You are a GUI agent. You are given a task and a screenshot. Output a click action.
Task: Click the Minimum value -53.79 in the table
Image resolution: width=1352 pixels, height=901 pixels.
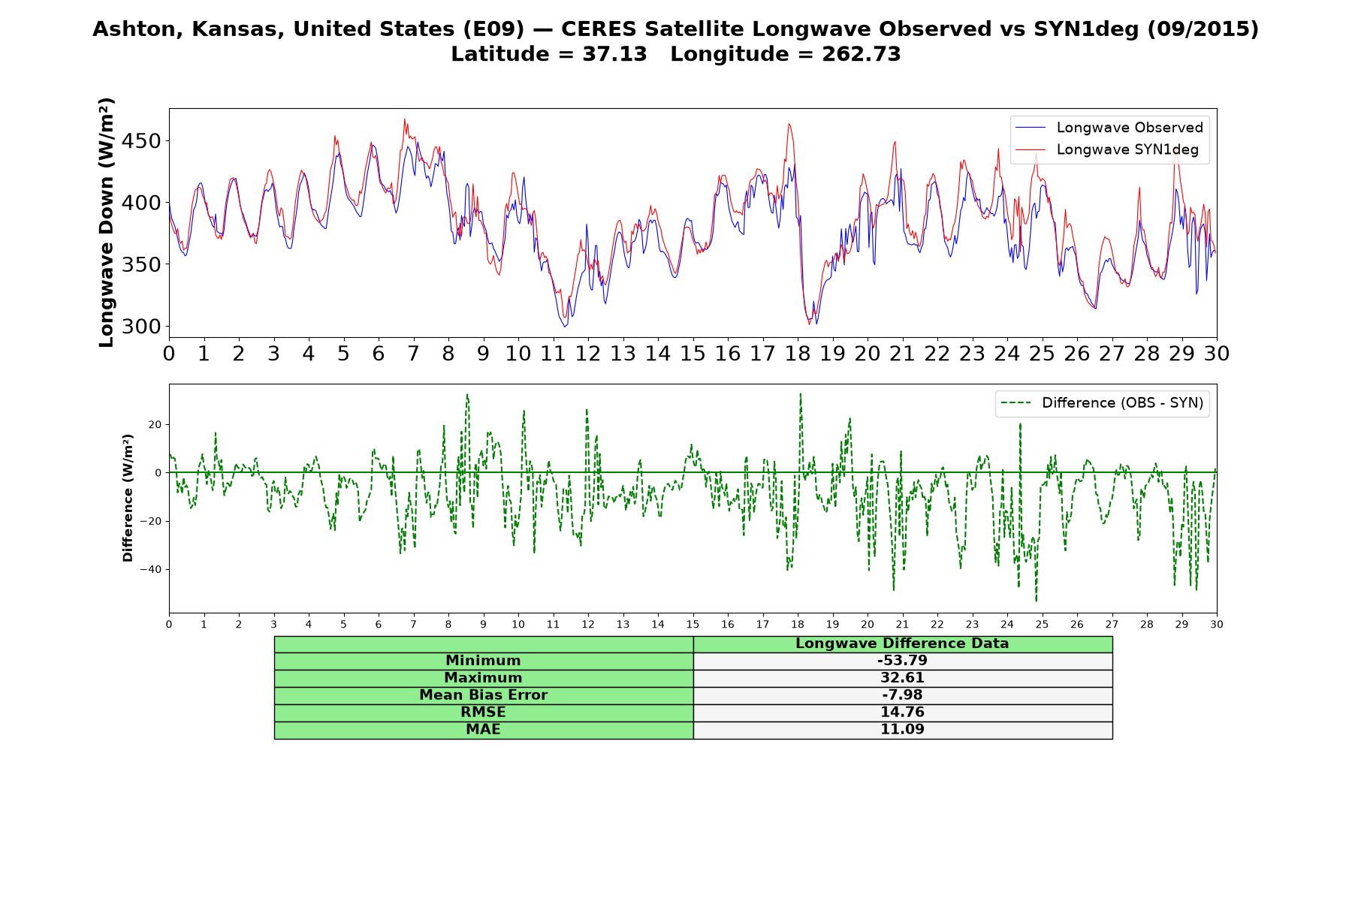[902, 661]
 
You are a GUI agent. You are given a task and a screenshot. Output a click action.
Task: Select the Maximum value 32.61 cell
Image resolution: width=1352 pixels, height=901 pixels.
[902, 678]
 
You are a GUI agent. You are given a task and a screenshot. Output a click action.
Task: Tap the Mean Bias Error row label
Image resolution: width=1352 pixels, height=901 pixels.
[483, 695]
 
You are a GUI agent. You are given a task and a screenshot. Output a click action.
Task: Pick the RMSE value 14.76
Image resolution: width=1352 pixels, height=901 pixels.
[902, 713]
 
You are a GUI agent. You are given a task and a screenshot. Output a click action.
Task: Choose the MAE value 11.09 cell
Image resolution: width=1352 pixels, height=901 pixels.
[902, 730]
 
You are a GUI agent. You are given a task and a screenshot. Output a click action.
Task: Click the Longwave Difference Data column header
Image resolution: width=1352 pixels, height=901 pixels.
[902, 643]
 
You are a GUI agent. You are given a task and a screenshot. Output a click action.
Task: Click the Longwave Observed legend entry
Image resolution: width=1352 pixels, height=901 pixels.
[1109, 128]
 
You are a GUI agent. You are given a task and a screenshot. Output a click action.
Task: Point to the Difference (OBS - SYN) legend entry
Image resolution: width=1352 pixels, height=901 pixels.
[1102, 403]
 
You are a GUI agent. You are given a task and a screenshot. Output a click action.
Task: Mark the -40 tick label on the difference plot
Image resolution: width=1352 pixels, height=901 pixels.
[150, 569]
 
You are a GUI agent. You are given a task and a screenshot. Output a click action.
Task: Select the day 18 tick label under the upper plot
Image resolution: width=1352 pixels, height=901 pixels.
[798, 354]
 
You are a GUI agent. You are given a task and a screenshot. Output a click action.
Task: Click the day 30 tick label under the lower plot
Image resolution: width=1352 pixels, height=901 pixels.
[1216, 624]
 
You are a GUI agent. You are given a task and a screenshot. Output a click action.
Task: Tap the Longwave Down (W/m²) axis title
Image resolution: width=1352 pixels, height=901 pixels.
[107, 222]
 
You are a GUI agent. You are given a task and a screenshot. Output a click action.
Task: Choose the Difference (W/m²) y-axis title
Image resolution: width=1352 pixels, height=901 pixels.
[128, 498]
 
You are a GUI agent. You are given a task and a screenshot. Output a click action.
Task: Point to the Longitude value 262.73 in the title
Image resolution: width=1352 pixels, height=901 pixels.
[862, 54]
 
